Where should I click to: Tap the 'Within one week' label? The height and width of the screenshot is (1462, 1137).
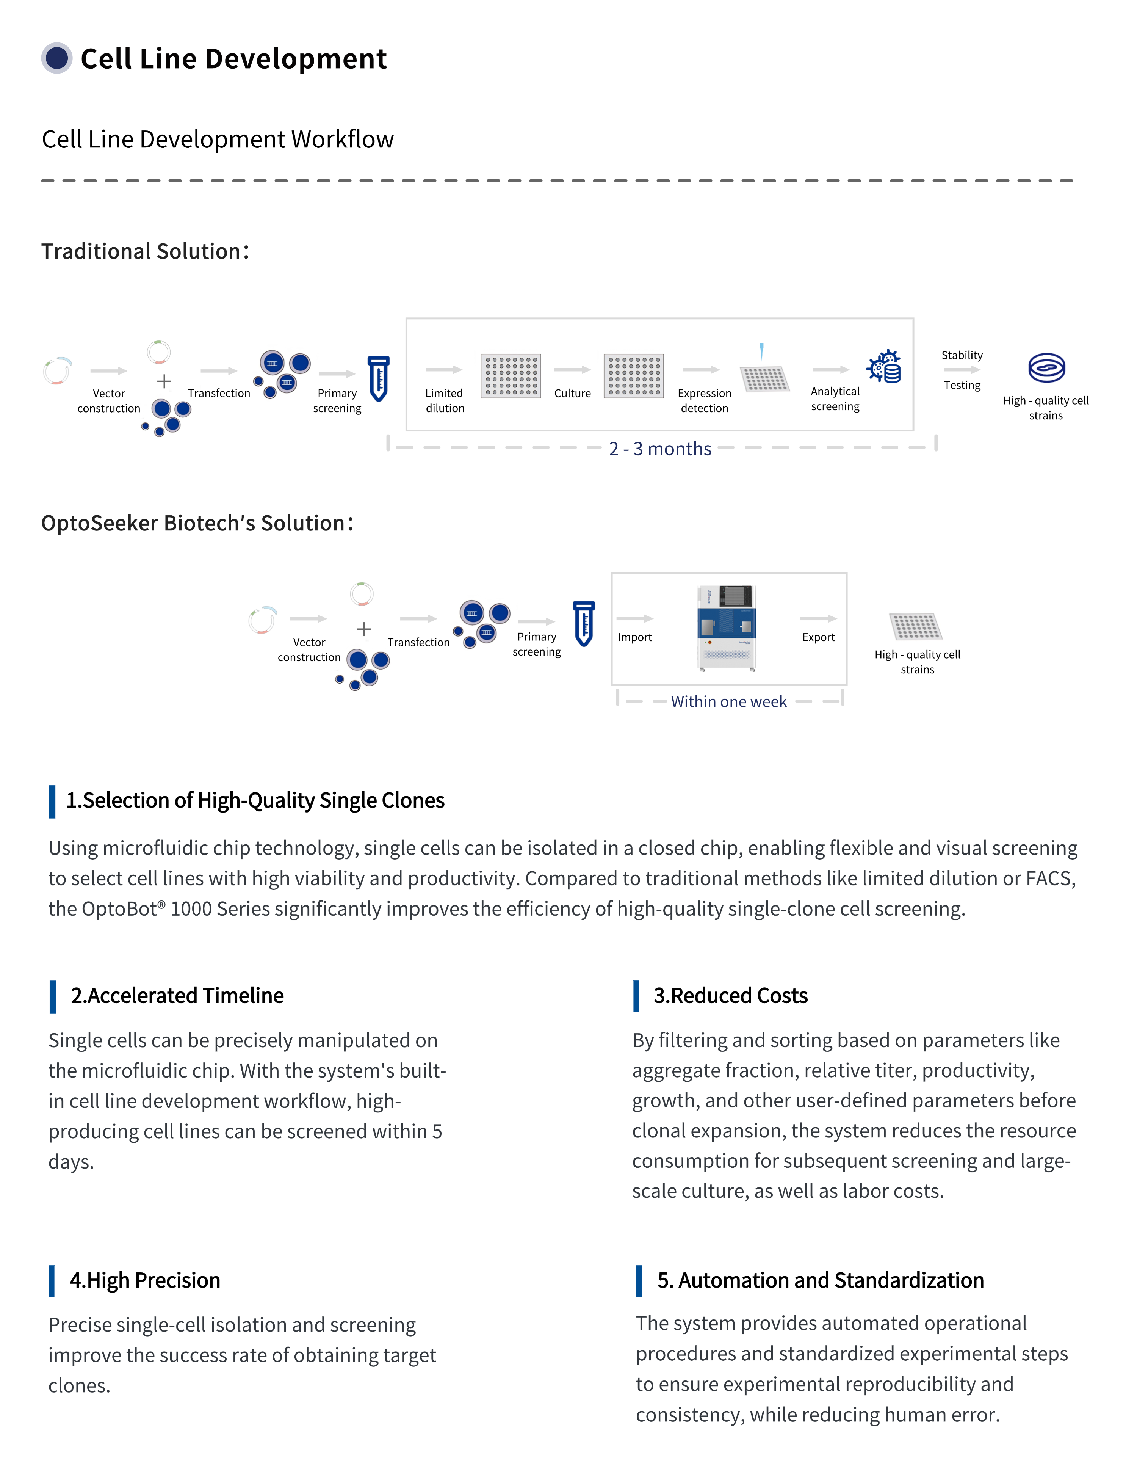(x=729, y=701)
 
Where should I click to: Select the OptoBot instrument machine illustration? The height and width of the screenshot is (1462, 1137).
(x=727, y=628)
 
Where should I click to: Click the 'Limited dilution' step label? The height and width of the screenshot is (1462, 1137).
(x=444, y=400)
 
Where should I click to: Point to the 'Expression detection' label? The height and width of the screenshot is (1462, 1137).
(x=704, y=400)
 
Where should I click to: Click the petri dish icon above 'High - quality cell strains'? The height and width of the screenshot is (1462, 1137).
(x=1046, y=367)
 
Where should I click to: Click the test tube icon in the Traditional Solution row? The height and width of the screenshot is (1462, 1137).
(x=378, y=378)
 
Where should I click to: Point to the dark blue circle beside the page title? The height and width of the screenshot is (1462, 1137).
(x=57, y=58)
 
